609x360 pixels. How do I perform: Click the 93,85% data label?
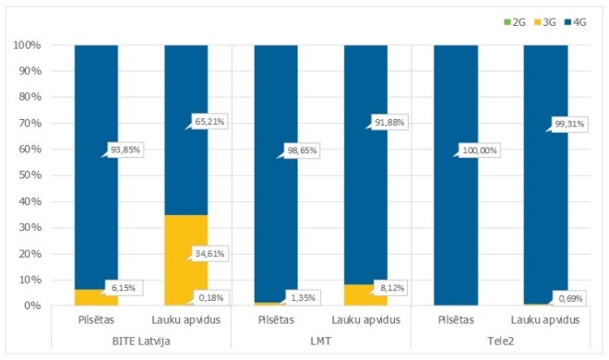click(127, 151)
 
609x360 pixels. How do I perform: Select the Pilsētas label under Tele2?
click(455, 320)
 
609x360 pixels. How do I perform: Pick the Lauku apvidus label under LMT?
click(365, 320)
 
